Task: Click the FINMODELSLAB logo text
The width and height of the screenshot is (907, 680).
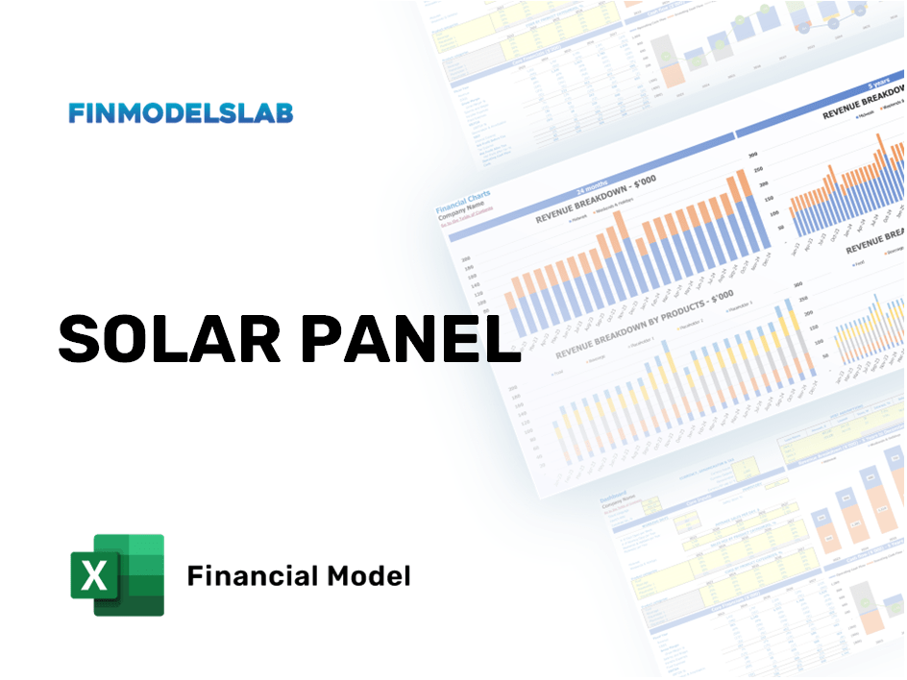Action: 181,113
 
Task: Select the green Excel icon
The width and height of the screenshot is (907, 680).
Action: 117,574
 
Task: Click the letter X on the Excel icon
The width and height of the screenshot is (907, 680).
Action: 94,576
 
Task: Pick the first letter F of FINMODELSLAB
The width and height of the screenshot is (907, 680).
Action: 76,113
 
